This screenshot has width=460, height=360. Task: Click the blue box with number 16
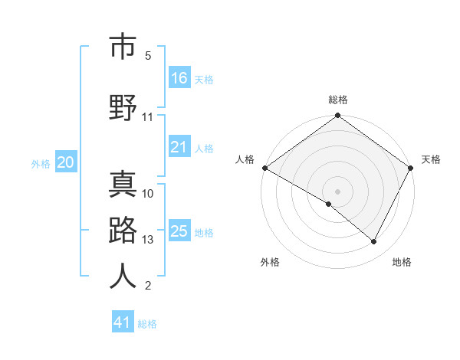pyautogui.click(x=179, y=77)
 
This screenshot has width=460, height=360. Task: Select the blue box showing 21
pyautogui.click(x=179, y=147)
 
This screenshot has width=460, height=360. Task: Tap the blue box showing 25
pyautogui.click(x=179, y=231)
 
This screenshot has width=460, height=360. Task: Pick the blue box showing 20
pyautogui.click(x=66, y=162)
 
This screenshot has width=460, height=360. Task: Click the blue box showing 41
pyautogui.click(x=123, y=322)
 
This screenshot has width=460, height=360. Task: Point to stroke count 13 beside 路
pyautogui.click(x=148, y=240)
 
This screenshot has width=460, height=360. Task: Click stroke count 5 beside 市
pyautogui.click(x=148, y=56)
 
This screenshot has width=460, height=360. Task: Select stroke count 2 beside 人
pyautogui.click(x=148, y=286)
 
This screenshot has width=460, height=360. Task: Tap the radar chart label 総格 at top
pyautogui.click(x=337, y=100)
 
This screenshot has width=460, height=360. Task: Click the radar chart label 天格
pyautogui.click(x=431, y=159)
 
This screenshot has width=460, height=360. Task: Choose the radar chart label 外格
pyautogui.click(x=270, y=262)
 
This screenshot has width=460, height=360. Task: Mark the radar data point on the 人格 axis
pyautogui.click(x=264, y=168)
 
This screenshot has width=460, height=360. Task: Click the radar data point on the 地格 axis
pyautogui.click(x=374, y=242)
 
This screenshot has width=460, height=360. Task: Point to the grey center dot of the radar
pyautogui.click(x=337, y=191)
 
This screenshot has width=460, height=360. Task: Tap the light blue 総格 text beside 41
pyautogui.click(x=147, y=324)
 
